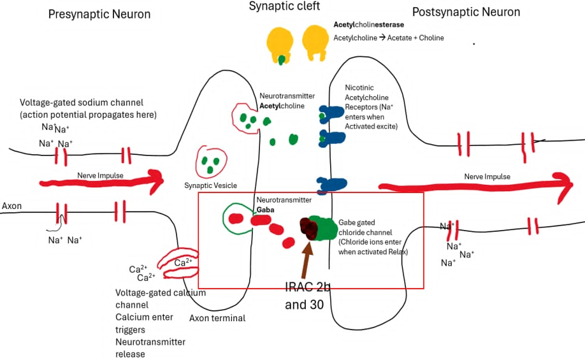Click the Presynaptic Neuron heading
click(99, 14)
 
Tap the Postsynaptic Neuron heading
click(466, 12)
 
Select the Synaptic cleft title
click(284, 6)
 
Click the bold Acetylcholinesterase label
click(368, 25)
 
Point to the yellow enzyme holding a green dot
click(280, 44)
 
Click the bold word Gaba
click(265, 210)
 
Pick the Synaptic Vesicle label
click(210, 185)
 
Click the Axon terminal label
click(217, 318)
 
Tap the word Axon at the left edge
click(11, 206)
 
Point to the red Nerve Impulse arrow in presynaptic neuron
click(101, 182)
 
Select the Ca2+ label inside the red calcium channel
click(183, 263)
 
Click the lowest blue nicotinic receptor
click(331, 185)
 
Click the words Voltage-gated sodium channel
click(82, 103)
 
